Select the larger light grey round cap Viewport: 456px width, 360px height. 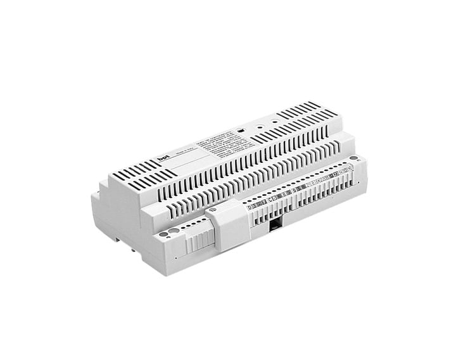pyautogui.click(x=173, y=231)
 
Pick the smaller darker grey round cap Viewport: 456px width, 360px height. pyautogui.click(x=164, y=234)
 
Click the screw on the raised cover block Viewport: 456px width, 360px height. pyautogui.click(x=213, y=209)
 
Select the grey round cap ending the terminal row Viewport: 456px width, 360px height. pyautogui.click(x=353, y=158)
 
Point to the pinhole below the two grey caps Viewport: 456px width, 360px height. pyautogui.click(x=175, y=259)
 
